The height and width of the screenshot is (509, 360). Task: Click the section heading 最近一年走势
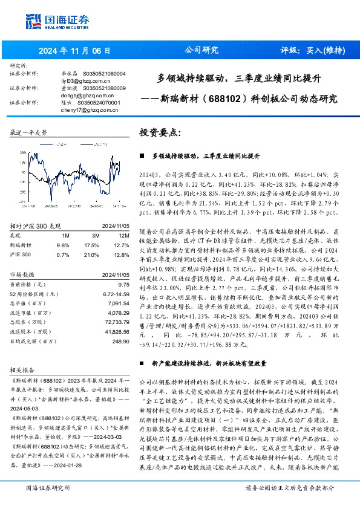click(28, 132)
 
